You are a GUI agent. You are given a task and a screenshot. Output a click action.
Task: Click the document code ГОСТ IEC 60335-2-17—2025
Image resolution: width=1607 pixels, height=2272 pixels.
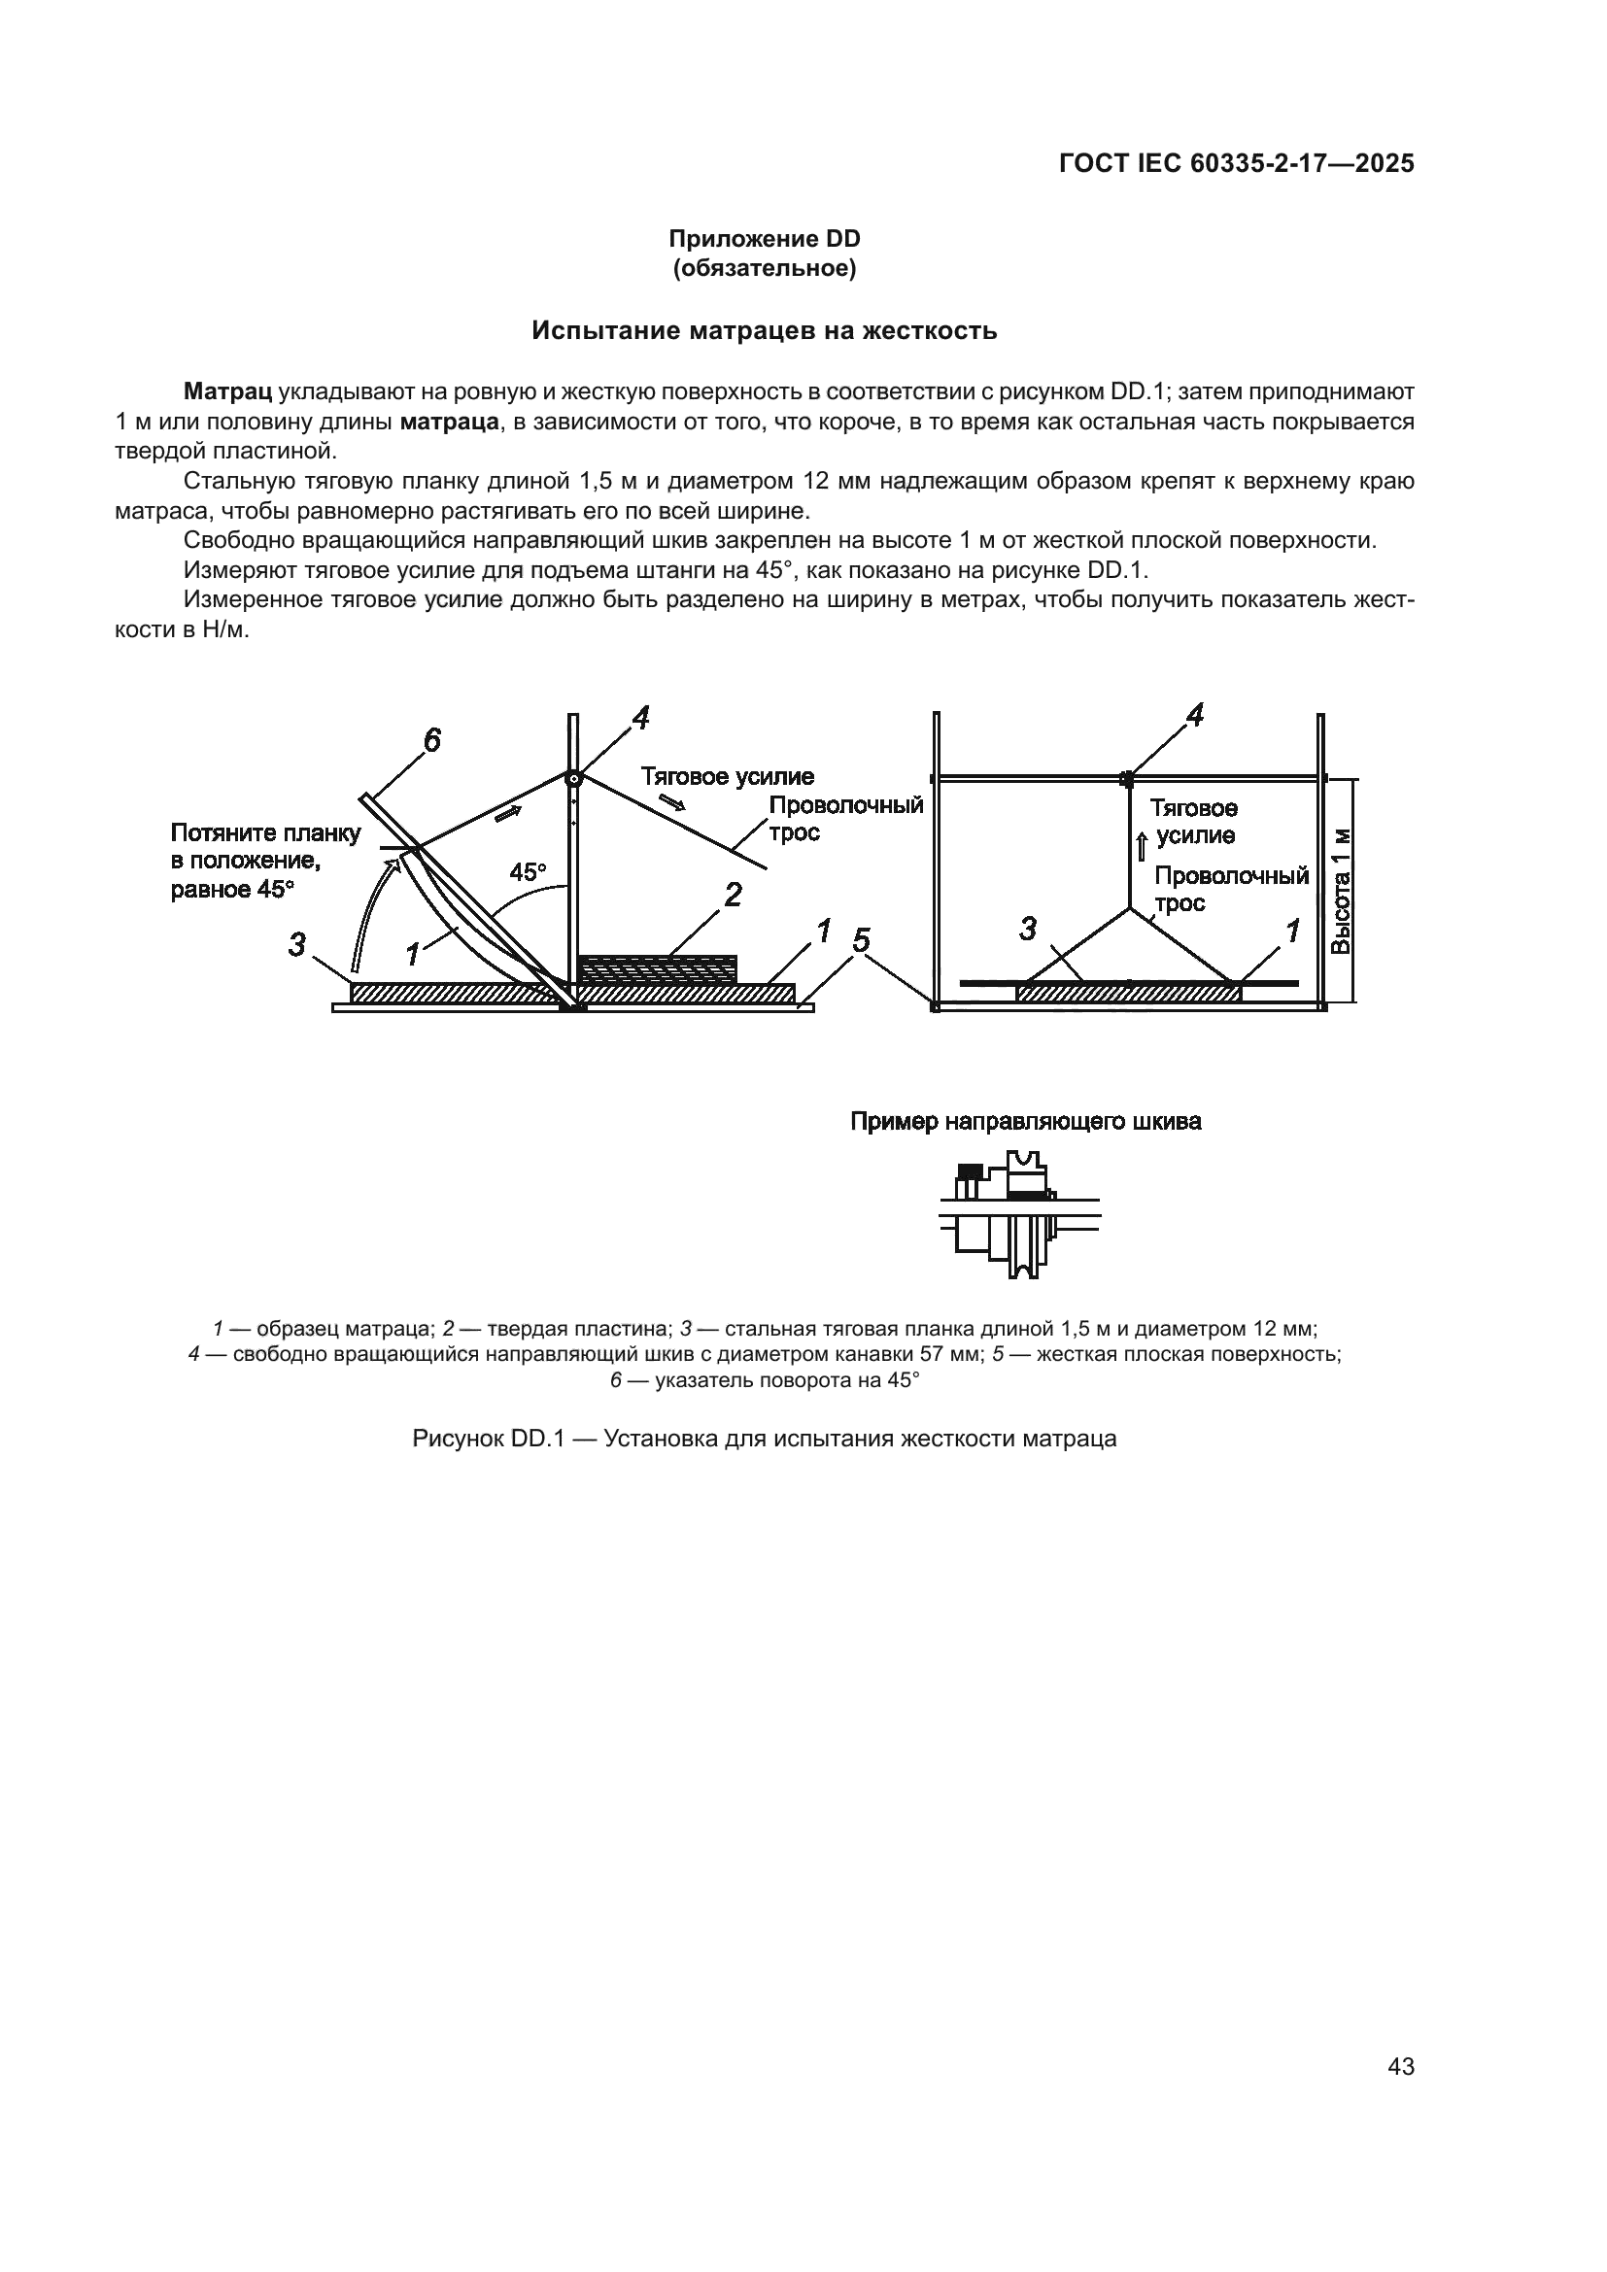[x=1236, y=164]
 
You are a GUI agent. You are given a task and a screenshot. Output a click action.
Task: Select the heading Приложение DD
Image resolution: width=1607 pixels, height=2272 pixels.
[x=764, y=239]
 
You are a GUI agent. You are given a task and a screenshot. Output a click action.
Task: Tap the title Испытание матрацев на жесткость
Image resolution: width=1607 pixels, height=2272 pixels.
[x=764, y=330]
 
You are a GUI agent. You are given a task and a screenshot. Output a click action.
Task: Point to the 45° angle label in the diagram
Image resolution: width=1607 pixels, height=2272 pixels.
[x=528, y=871]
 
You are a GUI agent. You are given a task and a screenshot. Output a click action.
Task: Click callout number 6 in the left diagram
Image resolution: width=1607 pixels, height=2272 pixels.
[x=431, y=740]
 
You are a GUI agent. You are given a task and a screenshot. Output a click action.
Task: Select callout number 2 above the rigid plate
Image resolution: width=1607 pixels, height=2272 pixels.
[x=733, y=895]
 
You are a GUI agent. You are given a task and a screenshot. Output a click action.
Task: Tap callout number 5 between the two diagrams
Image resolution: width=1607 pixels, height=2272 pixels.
[x=861, y=940]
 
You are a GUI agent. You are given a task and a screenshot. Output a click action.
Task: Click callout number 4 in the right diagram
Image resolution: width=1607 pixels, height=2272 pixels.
[x=1194, y=716]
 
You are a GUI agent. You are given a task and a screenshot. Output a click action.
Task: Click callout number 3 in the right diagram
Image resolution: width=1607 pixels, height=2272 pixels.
[x=1028, y=929]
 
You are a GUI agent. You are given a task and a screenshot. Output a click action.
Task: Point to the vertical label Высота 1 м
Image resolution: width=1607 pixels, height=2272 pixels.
[x=1340, y=891]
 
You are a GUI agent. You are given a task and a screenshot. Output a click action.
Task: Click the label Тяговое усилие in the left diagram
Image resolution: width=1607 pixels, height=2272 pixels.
[x=728, y=777]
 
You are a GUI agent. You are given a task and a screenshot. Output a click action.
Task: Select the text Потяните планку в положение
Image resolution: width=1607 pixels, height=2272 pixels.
[x=265, y=847]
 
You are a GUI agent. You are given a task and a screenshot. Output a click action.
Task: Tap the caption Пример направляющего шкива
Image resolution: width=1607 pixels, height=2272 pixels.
[x=1026, y=1122]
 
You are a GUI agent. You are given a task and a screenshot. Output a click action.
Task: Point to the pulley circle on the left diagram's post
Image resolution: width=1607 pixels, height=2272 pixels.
[x=572, y=779]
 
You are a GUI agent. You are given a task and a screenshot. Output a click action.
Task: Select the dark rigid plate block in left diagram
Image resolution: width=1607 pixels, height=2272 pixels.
[x=657, y=966]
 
